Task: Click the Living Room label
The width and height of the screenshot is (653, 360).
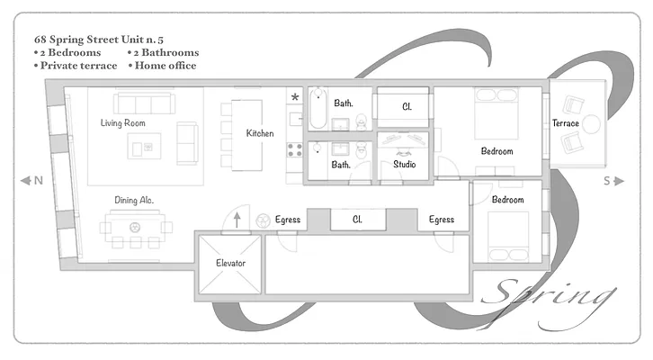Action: pyautogui.click(x=123, y=122)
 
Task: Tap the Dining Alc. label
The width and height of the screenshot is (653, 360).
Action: pyautogui.click(x=133, y=200)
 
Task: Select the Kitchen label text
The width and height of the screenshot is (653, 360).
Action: pyautogui.click(x=260, y=134)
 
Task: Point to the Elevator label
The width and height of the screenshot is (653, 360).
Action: pyautogui.click(x=231, y=263)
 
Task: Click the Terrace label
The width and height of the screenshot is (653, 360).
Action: pyautogui.click(x=566, y=123)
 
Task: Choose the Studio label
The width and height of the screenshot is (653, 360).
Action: pyautogui.click(x=405, y=165)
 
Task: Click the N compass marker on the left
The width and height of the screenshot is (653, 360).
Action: pyautogui.click(x=32, y=181)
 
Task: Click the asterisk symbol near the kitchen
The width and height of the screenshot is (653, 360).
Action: pyautogui.click(x=294, y=97)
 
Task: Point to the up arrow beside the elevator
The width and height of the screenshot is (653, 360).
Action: pyautogui.click(x=237, y=219)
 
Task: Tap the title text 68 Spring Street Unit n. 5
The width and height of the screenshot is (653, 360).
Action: pyautogui.click(x=104, y=40)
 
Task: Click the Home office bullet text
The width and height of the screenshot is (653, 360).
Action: pyautogui.click(x=163, y=66)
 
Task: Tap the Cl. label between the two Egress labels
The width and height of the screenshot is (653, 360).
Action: pyautogui.click(x=357, y=219)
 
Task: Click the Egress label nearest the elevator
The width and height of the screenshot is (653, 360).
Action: pyautogui.click(x=288, y=219)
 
